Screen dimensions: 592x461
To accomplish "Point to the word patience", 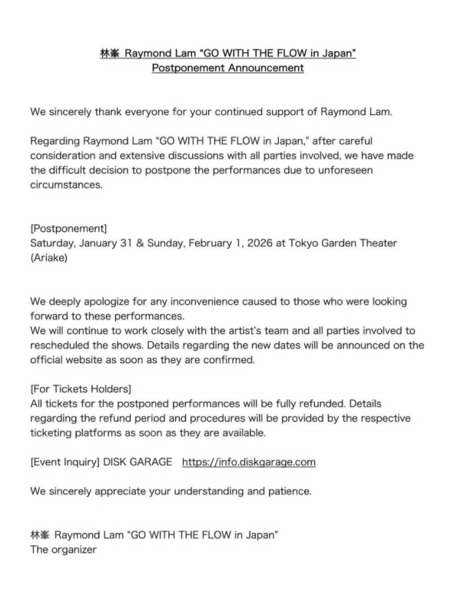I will pyautogui.click(x=289, y=491).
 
